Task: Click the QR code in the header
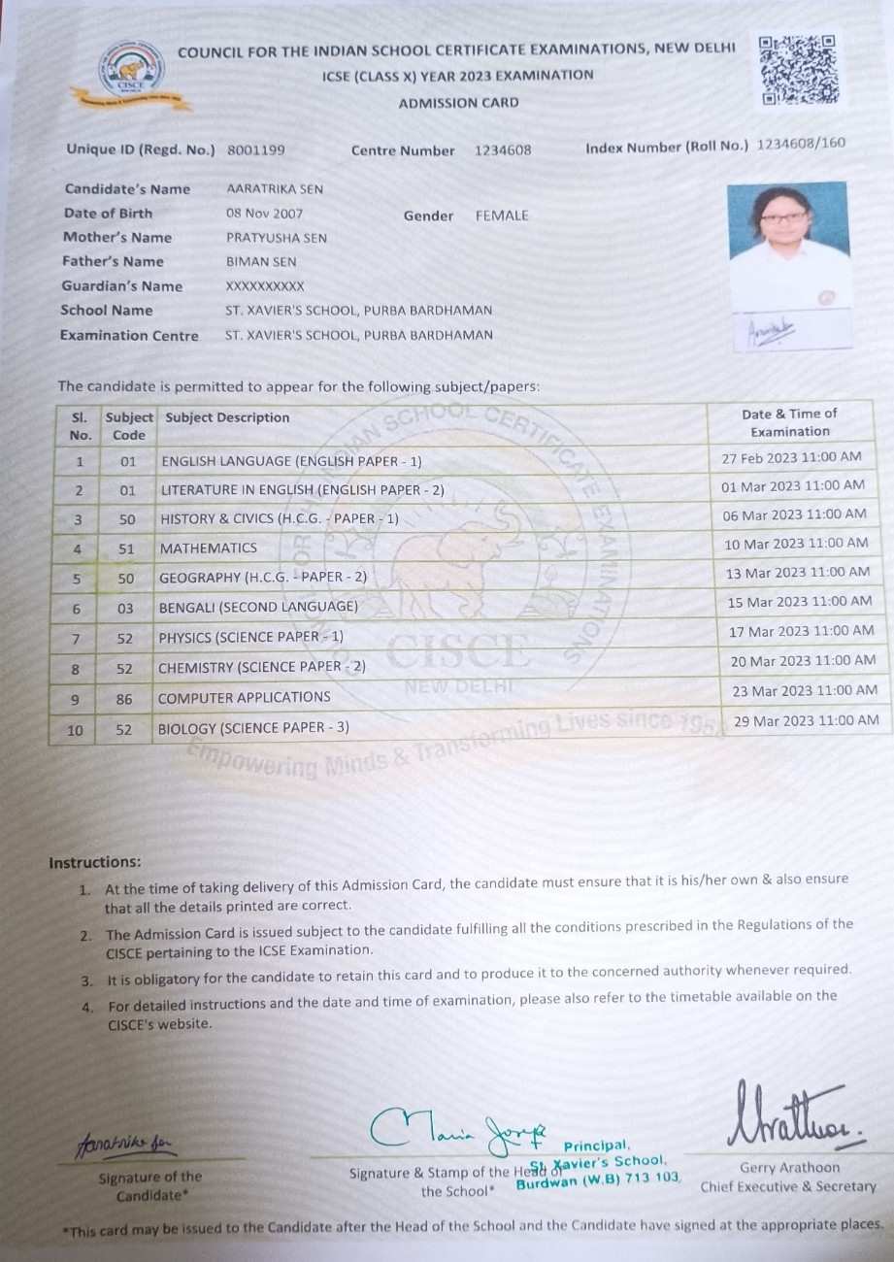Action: (799, 70)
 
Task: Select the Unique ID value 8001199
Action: (256, 150)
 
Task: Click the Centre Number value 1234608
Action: (503, 150)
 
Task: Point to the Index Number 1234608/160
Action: (801, 144)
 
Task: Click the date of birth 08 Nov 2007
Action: (264, 214)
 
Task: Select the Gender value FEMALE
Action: (502, 216)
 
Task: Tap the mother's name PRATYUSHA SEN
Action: (276, 238)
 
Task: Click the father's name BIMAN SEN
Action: (261, 262)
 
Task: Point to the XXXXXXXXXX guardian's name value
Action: (265, 286)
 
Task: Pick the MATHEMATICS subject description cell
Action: (209, 548)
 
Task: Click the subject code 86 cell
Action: (124, 698)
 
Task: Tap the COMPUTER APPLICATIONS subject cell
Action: (244, 697)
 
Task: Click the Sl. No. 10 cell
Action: (75, 730)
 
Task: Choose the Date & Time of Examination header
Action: (789, 422)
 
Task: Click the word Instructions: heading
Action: (95, 862)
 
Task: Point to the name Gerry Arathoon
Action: (789, 1168)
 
